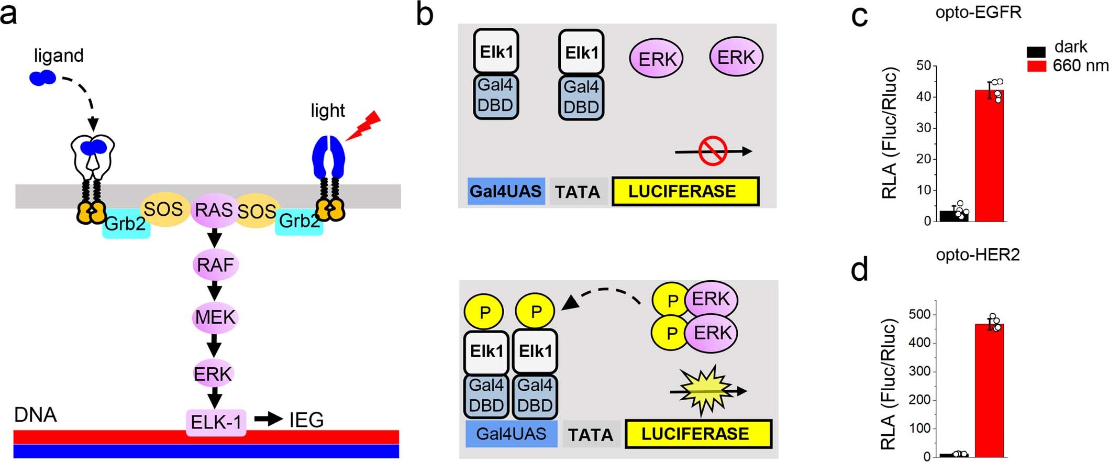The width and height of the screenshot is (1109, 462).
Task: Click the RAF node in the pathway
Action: (x=215, y=265)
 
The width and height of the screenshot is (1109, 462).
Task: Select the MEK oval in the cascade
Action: (x=215, y=317)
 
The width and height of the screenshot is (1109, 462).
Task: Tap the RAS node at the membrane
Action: (x=214, y=211)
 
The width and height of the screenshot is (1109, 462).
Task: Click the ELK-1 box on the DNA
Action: (x=216, y=422)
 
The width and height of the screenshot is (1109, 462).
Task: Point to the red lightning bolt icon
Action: (x=363, y=126)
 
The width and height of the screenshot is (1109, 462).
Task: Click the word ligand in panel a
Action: (x=59, y=56)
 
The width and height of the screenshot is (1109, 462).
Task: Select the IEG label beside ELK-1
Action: (x=306, y=420)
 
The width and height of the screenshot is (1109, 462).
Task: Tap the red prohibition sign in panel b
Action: (x=713, y=151)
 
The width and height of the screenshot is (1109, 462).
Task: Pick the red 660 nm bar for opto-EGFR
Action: (x=989, y=156)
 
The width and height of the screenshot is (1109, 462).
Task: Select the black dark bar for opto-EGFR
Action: (x=954, y=216)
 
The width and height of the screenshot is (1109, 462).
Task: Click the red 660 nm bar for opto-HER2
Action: (x=989, y=390)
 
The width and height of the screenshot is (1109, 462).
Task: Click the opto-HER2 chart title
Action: (x=978, y=255)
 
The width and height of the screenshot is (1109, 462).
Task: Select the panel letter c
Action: (x=859, y=17)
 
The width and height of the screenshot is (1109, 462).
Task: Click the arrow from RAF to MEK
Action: (x=215, y=291)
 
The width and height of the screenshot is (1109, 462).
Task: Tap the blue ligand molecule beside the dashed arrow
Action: (x=43, y=78)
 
